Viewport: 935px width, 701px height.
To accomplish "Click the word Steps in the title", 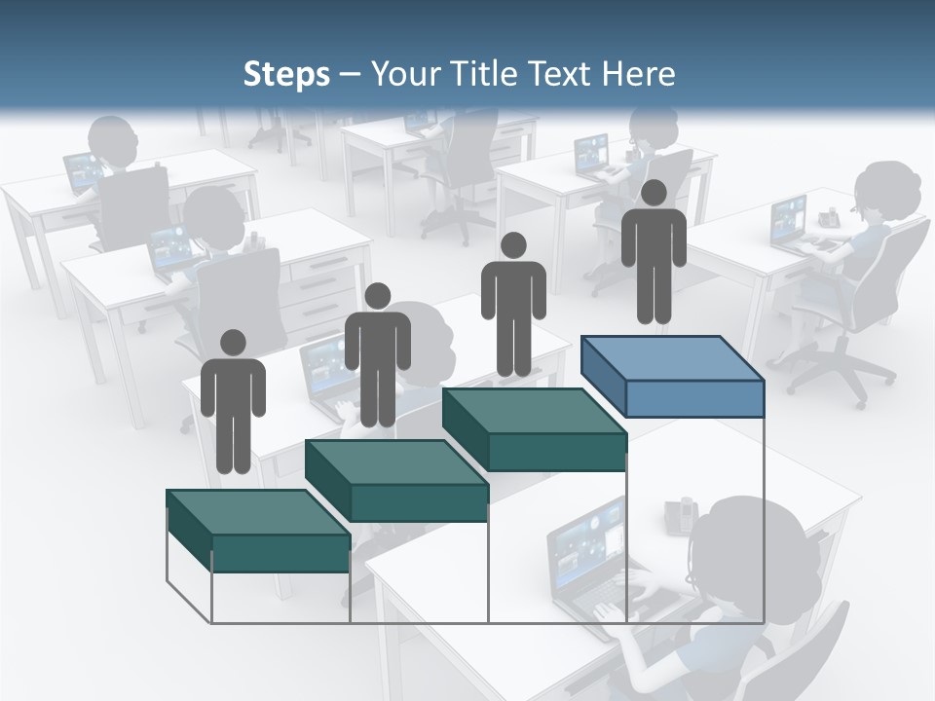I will pos(286,74).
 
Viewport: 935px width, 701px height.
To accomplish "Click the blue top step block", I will pos(672,375).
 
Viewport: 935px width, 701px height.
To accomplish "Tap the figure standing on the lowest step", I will pos(233,409).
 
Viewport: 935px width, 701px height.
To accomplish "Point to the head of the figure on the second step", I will pos(377,296).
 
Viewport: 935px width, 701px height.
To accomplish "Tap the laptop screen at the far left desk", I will pos(82,171).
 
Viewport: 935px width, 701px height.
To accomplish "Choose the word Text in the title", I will pos(563,74).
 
